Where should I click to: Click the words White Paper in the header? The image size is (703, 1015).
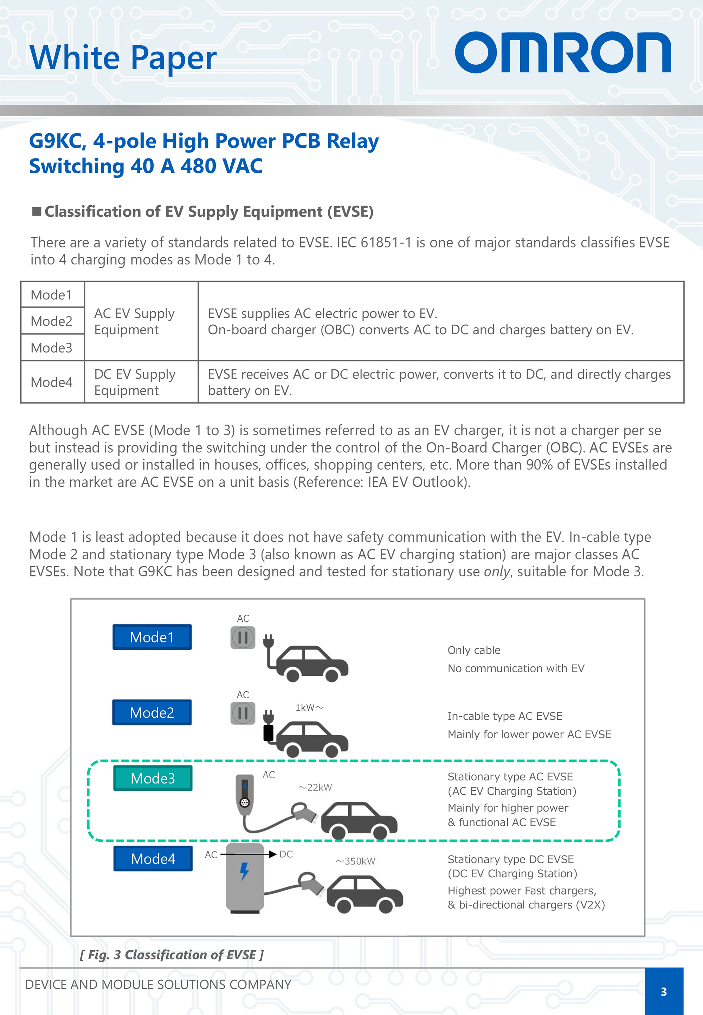point(123,57)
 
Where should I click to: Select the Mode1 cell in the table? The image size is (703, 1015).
point(52,295)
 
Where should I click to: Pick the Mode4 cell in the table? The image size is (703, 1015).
point(52,382)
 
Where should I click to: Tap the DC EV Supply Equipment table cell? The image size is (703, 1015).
point(135,382)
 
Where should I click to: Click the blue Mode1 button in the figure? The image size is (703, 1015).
point(152,637)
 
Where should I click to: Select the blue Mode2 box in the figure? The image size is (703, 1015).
point(152,712)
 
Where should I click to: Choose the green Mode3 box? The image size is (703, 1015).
point(153,778)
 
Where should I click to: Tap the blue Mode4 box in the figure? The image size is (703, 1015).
point(153,858)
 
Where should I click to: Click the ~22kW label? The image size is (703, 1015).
point(315,787)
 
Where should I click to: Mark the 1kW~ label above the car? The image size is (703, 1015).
point(309,707)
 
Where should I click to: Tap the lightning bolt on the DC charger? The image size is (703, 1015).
point(244,871)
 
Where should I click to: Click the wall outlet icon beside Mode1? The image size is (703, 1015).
point(243,637)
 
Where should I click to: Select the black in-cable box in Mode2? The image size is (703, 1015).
point(268,733)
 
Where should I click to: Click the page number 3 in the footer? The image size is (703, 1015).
point(663,992)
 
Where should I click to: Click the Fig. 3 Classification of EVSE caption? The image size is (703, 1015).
point(172,955)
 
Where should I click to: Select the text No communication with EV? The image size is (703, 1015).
point(516,668)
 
